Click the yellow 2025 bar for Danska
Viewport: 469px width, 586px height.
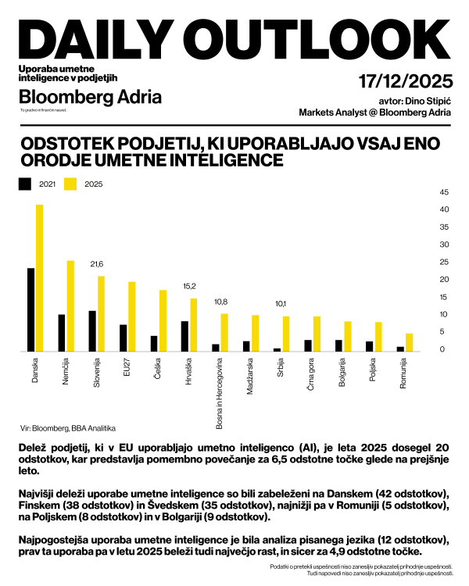(x=39, y=277)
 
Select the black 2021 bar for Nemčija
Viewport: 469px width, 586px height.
(x=62, y=333)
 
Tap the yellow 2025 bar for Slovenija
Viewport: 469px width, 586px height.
(x=101, y=313)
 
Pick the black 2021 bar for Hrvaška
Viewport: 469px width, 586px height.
(x=184, y=336)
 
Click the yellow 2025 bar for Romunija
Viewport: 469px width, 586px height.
(x=408, y=342)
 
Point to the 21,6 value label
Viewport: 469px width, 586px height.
(x=97, y=264)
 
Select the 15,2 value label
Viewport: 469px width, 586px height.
(x=189, y=286)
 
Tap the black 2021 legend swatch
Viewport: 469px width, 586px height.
(x=25, y=184)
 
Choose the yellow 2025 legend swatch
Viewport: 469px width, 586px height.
(x=71, y=184)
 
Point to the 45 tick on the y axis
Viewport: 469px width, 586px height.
(x=444, y=192)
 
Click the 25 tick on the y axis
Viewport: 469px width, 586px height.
(x=444, y=262)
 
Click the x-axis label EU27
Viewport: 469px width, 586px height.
(x=127, y=370)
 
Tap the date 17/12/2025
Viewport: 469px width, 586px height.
(x=405, y=81)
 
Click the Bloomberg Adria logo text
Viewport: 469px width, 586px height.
(x=90, y=97)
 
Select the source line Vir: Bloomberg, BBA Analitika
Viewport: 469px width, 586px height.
(x=67, y=428)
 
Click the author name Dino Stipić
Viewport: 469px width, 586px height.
(x=427, y=101)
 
